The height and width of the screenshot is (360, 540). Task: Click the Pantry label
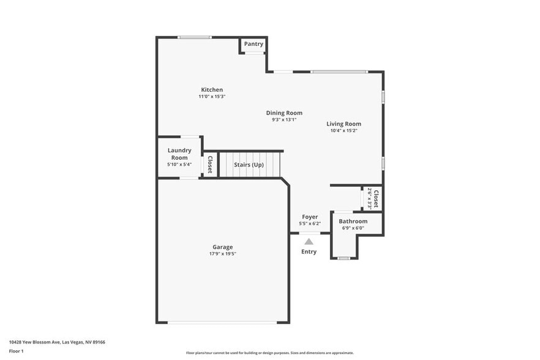(x=253, y=44)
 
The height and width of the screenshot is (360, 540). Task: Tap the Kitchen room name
(x=212, y=89)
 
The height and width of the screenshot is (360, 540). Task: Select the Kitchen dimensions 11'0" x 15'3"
(x=212, y=97)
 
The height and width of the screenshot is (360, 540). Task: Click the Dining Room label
(x=284, y=113)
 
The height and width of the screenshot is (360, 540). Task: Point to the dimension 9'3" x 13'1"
(x=284, y=120)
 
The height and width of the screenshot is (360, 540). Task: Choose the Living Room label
(x=343, y=124)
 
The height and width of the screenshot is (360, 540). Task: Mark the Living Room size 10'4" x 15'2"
(x=343, y=130)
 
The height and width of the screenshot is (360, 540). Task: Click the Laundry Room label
(x=179, y=154)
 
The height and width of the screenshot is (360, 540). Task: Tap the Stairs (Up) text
(x=249, y=165)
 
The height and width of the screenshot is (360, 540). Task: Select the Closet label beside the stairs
(x=209, y=164)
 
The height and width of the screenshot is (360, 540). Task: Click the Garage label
(x=222, y=247)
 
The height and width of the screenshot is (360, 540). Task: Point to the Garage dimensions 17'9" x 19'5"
(x=222, y=254)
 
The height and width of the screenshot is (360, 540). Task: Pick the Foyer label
(x=310, y=217)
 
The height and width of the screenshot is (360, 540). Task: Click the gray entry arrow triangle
(x=309, y=242)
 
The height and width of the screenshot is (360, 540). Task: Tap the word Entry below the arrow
(x=309, y=252)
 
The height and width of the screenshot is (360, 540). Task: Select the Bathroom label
(x=353, y=221)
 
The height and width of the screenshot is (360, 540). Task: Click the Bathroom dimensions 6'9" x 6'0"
(x=353, y=228)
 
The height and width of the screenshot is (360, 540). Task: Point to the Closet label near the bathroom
(x=375, y=198)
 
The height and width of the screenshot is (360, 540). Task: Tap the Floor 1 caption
(x=17, y=351)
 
